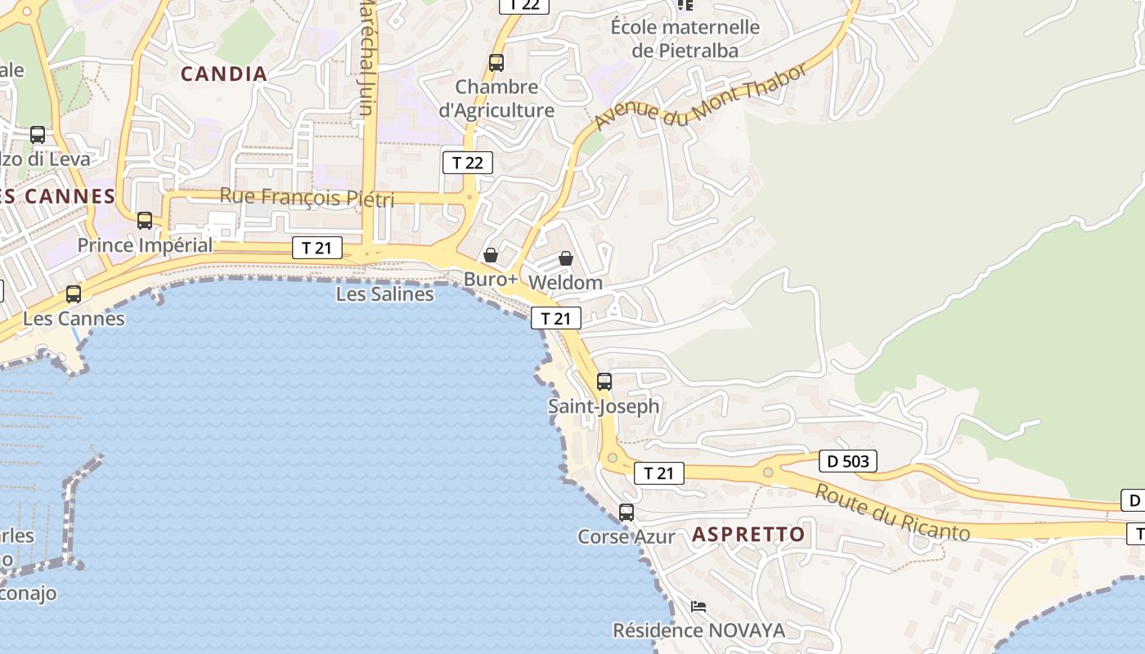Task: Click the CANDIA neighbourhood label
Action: tap(224, 74)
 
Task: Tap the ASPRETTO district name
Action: tap(748, 535)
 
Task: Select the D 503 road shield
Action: tap(847, 461)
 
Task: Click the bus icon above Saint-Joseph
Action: tap(604, 381)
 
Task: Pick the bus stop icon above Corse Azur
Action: tap(626, 513)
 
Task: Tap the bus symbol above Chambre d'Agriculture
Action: tap(496, 62)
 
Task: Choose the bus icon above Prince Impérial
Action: tap(145, 220)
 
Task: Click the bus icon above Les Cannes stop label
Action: tap(74, 293)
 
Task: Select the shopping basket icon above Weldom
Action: tap(565, 258)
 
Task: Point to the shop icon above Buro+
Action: tap(491, 255)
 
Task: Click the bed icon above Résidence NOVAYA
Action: tap(698, 607)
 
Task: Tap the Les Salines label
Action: tap(384, 293)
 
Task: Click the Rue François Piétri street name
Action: tap(307, 197)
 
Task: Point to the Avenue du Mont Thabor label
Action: tap(701, 96)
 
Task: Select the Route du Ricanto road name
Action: tap(892, 513)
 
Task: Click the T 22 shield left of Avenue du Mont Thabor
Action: tap(468, 162)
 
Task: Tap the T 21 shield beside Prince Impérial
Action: tap(317, 248)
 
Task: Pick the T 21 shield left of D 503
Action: tap(658, 473)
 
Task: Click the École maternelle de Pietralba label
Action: tap(685, 38)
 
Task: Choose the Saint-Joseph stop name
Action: tap(604, 405)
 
